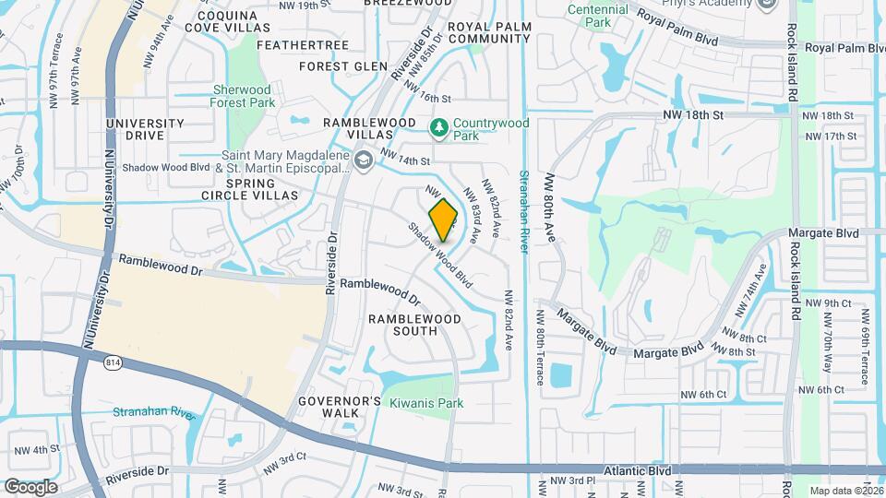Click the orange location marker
[444, 219]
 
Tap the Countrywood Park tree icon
[440, 125]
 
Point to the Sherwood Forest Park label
[243, 96]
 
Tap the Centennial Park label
[598, 15]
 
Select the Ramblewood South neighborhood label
[414, 325]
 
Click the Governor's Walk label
[340, 407]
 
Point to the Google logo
[30, 486]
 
